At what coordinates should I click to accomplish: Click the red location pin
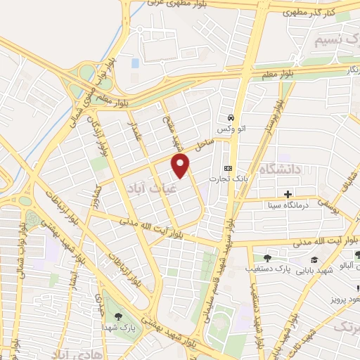coord(181,166)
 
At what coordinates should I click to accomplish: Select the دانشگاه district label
coord(280,169)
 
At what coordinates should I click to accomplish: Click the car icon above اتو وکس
coord(229,118)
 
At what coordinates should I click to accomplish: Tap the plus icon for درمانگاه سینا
coord(288,194)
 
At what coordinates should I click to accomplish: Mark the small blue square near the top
coord(135,63)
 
